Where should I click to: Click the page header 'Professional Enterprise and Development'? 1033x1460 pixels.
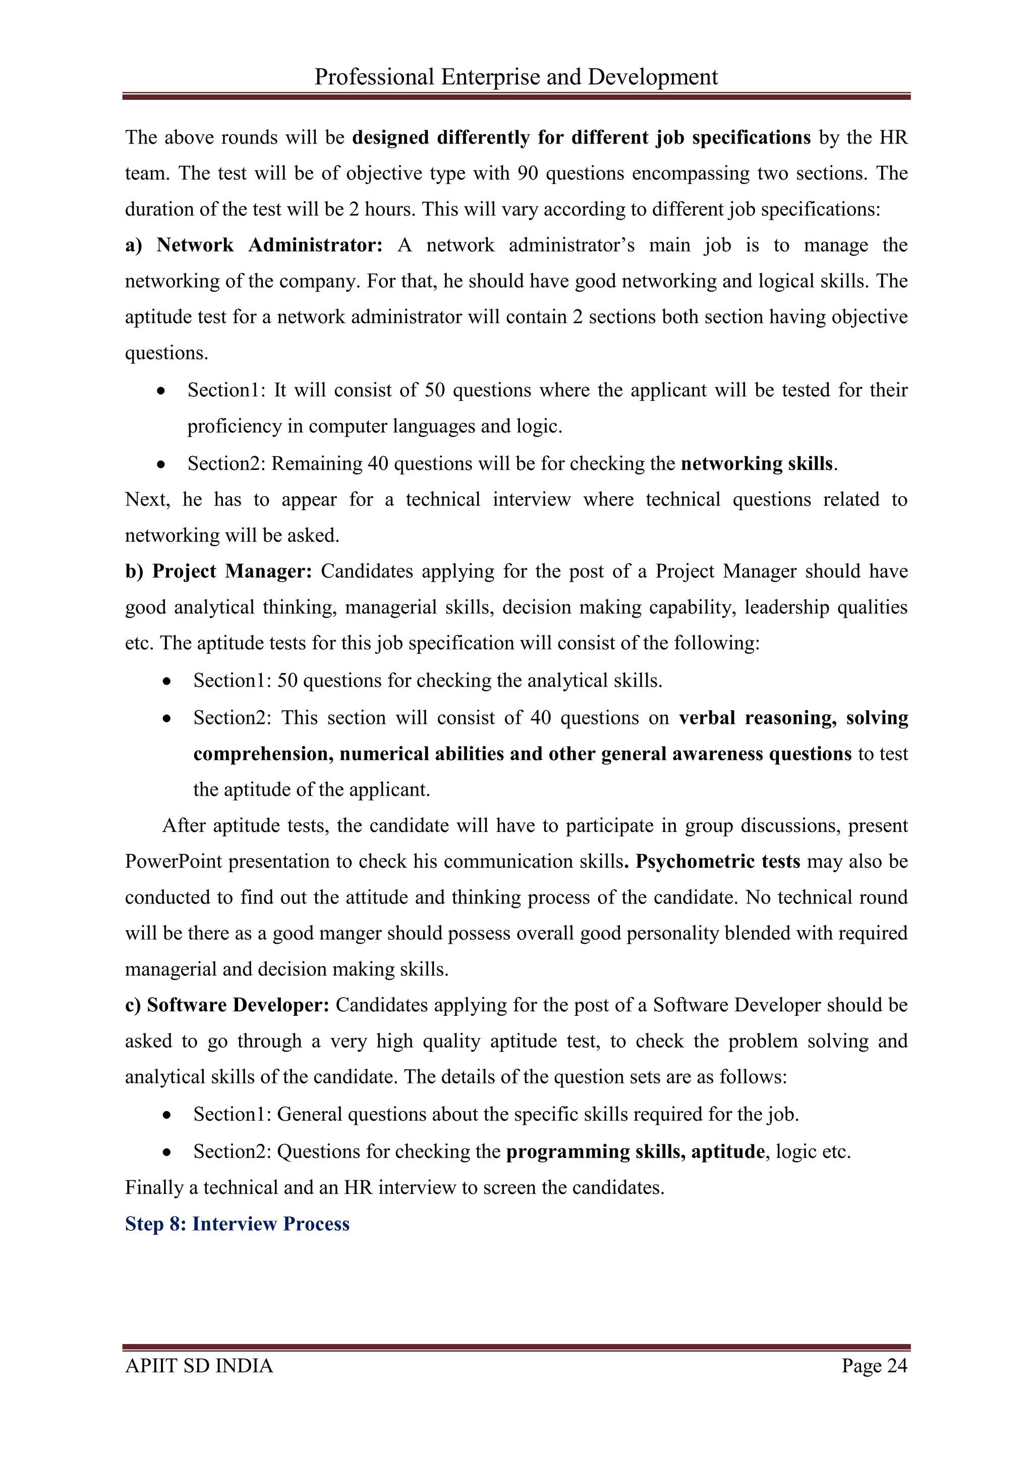(516, 77)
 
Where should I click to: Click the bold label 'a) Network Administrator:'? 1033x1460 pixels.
(254, 246)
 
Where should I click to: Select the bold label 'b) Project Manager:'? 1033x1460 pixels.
(219, 572)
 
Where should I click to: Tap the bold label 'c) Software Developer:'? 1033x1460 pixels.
(227, 1005)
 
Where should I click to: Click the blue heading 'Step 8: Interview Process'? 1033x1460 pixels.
(237, 1224)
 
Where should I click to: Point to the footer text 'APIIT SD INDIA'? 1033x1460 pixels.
(199, 1366)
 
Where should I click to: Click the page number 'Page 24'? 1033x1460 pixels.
(874, 1366)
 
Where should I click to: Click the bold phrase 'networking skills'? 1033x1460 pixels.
(756, 464)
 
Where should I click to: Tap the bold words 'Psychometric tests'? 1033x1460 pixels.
(718, 862)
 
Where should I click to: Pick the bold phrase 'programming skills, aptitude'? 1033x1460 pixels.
(635, 1151)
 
